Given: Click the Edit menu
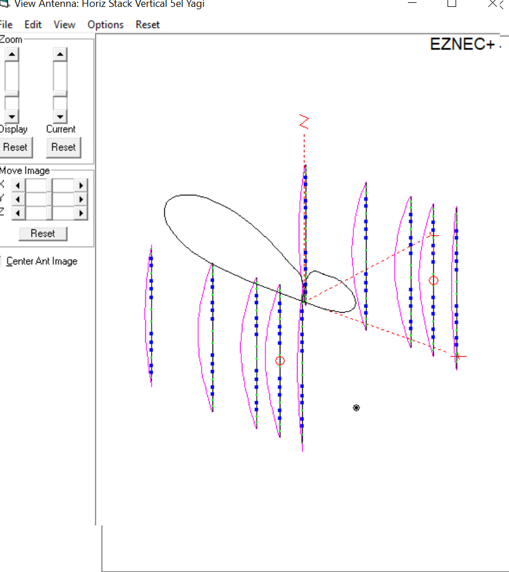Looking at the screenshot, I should (33, 25).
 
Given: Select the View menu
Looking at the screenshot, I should (64, 25).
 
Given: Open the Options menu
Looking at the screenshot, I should (105, 25).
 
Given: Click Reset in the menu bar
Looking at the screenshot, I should (148, 25).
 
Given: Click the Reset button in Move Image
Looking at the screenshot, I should (43, 233).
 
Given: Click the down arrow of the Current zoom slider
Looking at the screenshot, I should (60, 116).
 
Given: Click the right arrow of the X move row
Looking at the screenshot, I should (82, 186).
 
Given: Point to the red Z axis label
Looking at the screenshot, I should (304, 122).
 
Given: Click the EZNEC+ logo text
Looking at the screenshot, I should (462, 44).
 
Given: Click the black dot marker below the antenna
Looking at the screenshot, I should (356, 408).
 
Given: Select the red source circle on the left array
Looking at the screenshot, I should (280, 360).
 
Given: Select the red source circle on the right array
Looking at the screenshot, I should (434, 281).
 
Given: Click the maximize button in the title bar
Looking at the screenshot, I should (452, 3).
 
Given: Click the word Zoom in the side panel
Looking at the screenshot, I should (11, 40).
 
